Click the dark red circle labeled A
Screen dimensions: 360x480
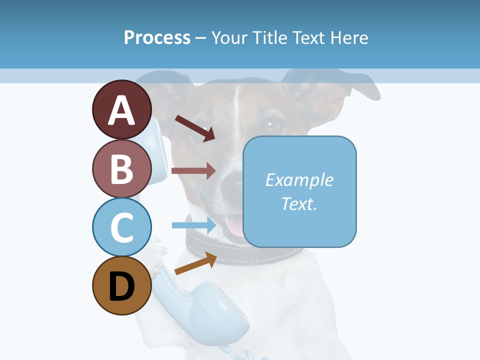click(122, 109)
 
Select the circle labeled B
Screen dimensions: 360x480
click(122, 168)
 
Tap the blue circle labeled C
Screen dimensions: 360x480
click(122, 227)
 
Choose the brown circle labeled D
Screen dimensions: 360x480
click(122, 285)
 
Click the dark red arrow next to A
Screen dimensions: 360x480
click(195, 128)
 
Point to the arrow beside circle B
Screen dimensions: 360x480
click(193, 170)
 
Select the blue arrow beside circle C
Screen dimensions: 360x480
click(194, 225)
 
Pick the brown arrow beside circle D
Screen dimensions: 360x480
click(195, 264)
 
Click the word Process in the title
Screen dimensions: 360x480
click(157, 37)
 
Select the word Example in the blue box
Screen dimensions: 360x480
click(299, 180)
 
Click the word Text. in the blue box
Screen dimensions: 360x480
click(299, 203)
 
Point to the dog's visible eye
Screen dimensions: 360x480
click(273, 123)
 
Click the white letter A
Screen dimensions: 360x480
click(122, 110)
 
